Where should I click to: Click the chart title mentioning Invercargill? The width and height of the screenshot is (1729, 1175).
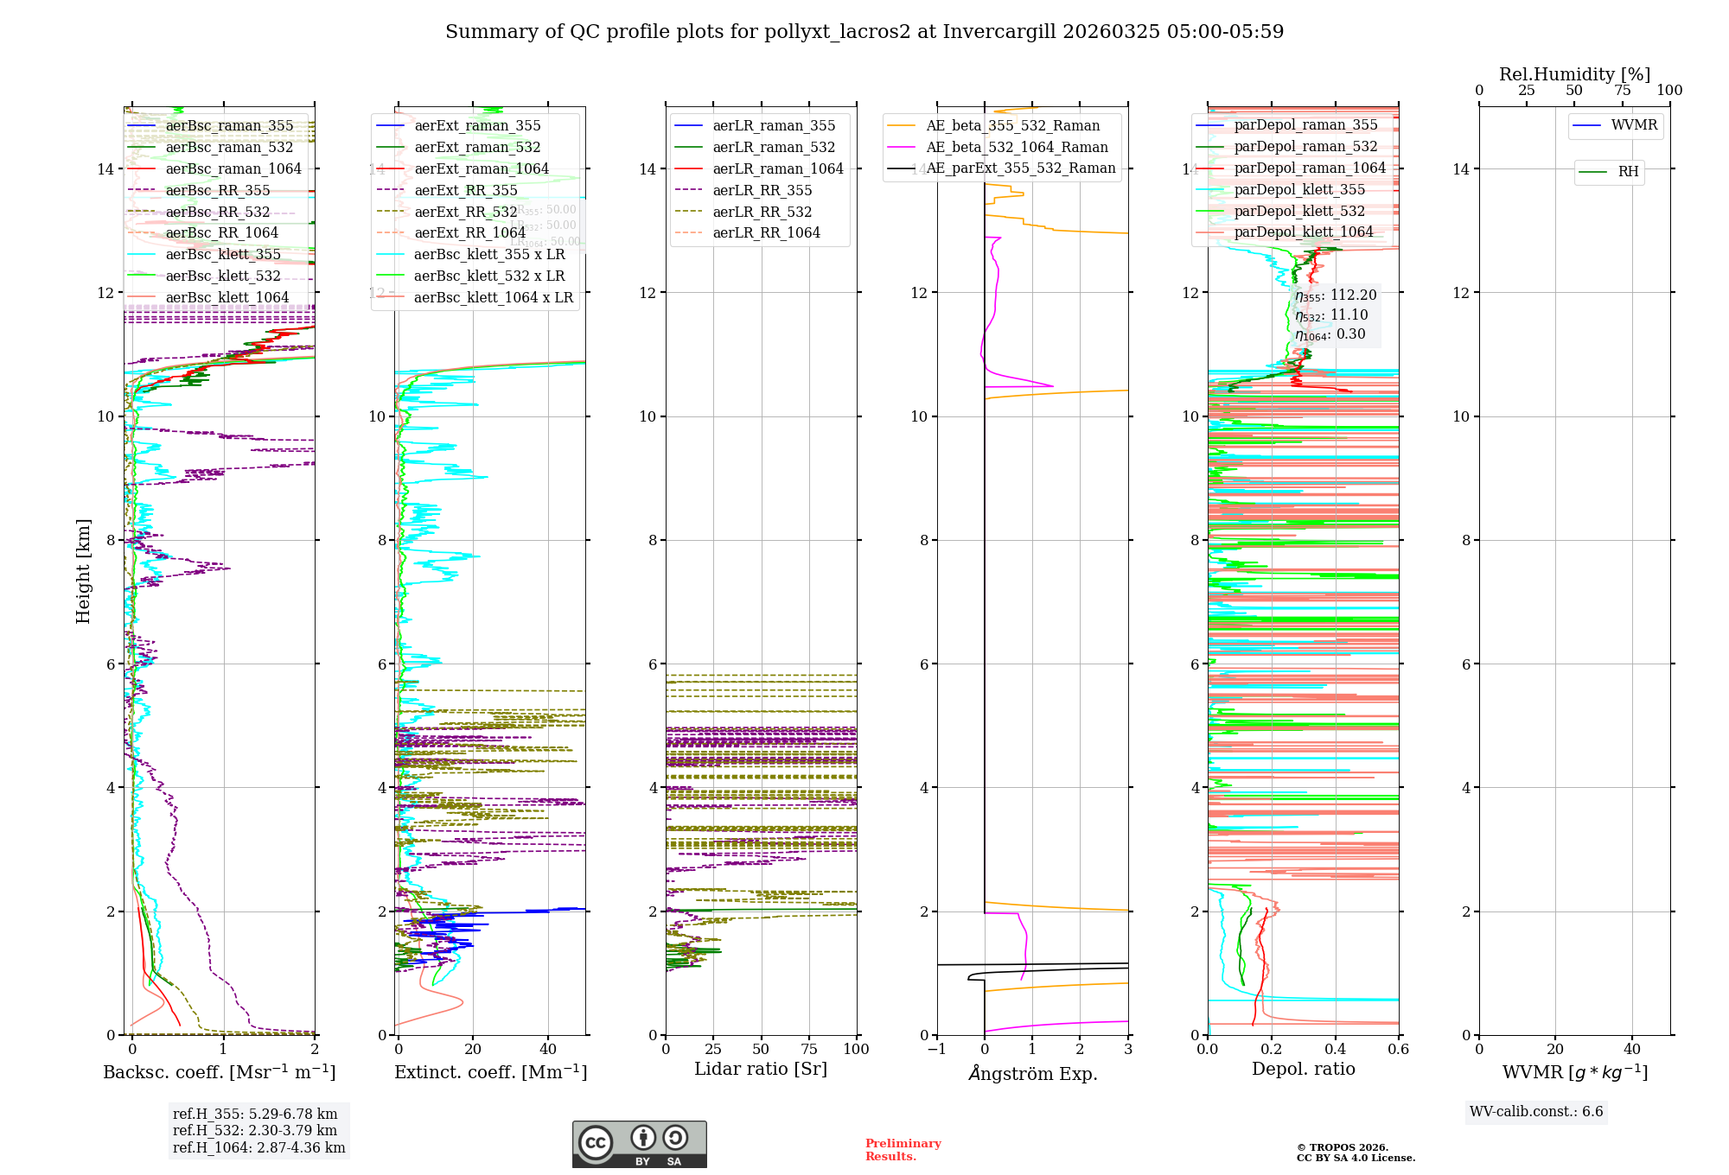click(864, 32)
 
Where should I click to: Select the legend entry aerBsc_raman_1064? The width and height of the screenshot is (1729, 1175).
click(233, 169)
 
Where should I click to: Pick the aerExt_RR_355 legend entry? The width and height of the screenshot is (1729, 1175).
click(465, 191)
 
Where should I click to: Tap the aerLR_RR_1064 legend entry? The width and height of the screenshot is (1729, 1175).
click(766, 233)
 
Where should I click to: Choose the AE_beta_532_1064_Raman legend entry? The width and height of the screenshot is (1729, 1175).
click(1017, 148)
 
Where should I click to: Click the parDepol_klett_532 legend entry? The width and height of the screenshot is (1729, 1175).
click(1299, 212)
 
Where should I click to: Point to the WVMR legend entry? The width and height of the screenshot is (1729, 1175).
click(1634, 126)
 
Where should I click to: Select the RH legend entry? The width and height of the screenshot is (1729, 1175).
click(1628, 172)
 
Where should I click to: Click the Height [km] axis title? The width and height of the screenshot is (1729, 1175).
click(83, 571)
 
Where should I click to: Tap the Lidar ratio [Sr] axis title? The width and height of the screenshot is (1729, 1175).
click(761, 1070)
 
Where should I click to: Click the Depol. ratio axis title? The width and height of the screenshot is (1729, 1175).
click(1304, 1070)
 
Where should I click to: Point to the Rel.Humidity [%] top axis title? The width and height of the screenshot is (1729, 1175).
click(1574, 74)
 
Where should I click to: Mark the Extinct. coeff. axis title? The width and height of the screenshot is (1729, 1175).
click(491, 1072)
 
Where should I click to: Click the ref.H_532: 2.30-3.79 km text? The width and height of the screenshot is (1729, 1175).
click(255, 1131)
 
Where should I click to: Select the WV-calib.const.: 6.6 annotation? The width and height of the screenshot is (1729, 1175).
click(1536, 1112)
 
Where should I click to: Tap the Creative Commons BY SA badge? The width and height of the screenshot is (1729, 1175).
click(639, 1145)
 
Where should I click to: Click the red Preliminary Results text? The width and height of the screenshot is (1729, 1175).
click(903, 1150)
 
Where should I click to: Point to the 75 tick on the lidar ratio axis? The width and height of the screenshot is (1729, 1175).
click(809, 1050)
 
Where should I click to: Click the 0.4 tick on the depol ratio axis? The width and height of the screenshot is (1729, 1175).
click(1335, 1050)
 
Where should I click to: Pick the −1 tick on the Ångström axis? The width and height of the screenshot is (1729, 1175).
click(936, 1050)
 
